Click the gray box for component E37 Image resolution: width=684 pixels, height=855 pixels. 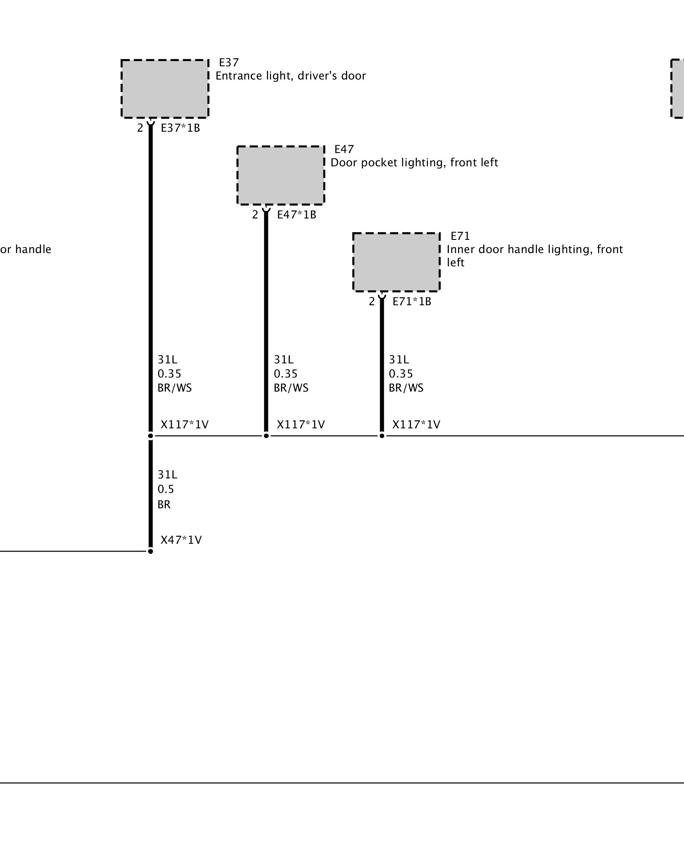coord(165,88)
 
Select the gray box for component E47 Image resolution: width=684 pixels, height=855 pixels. coord(281,175)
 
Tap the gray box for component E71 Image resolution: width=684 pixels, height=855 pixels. coord(396,262)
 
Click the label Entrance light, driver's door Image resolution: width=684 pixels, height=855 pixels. coord(291,76)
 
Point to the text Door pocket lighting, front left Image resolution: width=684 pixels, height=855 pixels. coord(414,163)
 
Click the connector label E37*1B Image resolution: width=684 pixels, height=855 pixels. coord(180,128)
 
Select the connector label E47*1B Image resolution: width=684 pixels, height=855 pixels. coord(297,215)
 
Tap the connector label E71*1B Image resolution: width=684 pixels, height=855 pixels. coord(412,301)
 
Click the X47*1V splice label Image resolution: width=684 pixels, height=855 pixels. coord(181,540)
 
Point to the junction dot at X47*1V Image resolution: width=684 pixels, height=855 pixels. coord(150,551)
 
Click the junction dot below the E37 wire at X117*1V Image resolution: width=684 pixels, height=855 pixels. coord(150,436)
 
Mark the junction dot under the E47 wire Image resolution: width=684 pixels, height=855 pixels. coord(266,436)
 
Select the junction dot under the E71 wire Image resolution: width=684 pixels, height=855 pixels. coord(382,436)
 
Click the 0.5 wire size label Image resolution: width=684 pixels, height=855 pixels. coord(166,489)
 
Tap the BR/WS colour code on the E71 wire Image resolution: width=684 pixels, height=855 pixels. coord(406,388)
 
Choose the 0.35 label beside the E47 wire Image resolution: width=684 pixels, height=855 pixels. coord(286,374)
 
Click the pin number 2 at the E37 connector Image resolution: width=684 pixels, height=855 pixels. coord(140,128)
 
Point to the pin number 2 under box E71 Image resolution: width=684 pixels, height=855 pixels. coord(372,301)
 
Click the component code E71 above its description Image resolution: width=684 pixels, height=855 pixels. coord(460,236)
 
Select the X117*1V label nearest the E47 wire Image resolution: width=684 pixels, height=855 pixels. coord(301,425)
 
